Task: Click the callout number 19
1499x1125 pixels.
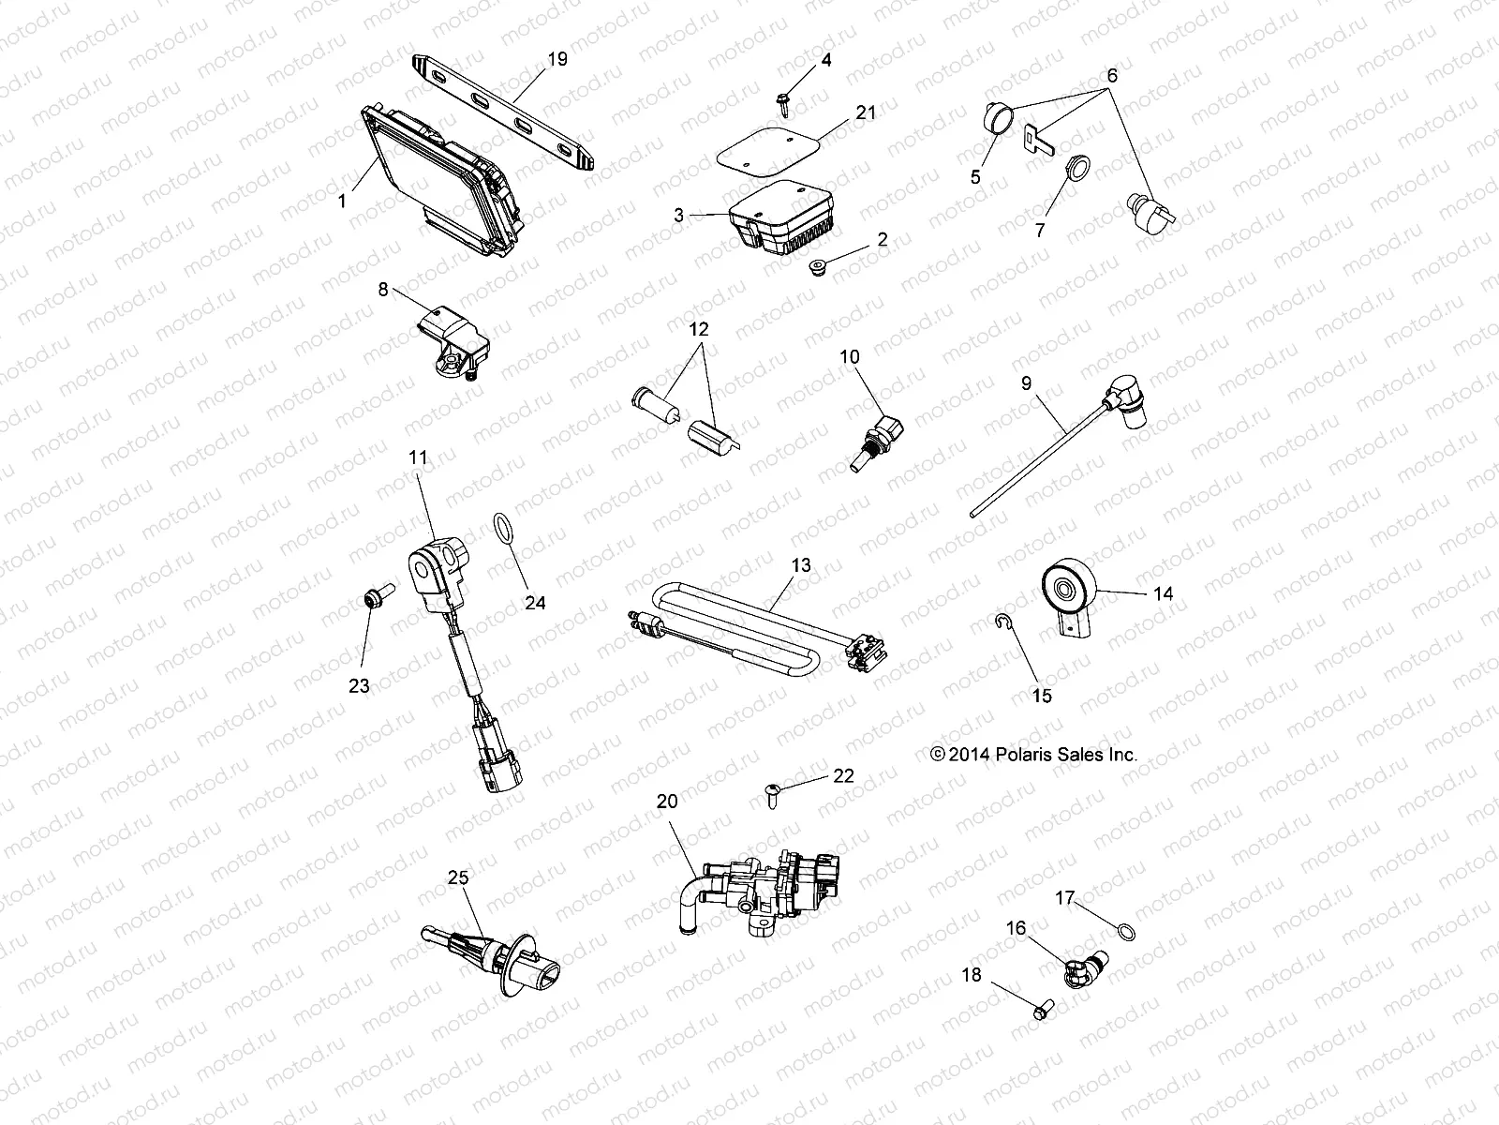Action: coord(557,59)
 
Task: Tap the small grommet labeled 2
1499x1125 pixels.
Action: coord(818,267)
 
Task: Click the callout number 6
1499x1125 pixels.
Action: coord(1112,75)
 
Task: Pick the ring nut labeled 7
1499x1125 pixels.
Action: coord(1077,168)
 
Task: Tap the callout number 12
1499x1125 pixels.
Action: coord(699,329)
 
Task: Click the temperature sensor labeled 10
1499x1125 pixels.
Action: coord(878,442)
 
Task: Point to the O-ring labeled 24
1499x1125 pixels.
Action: coord(503,530)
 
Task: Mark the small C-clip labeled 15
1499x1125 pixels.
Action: coord(1002,621)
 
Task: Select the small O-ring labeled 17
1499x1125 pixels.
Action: coord(1126,931)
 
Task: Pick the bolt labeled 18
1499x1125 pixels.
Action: coord(1042,1009)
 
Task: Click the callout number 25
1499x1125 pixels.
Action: coord(458,877)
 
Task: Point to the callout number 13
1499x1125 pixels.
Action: coord(801,565)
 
